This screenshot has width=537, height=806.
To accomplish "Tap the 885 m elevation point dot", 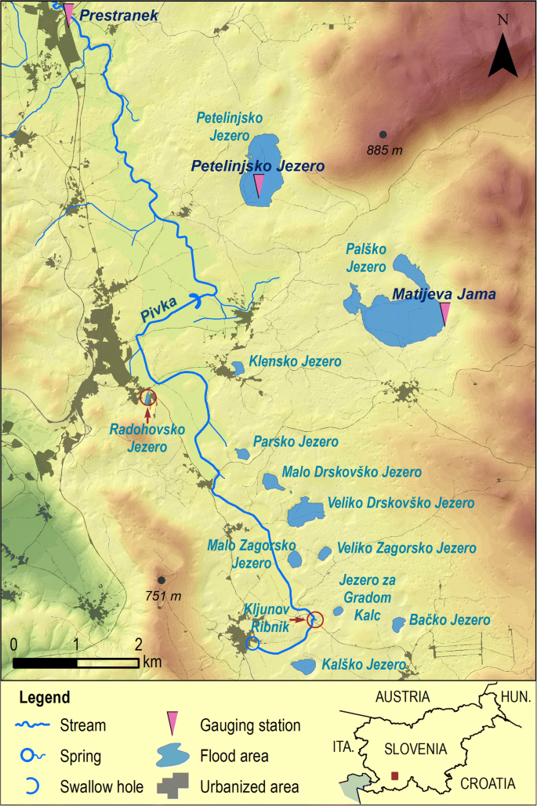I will click(x=383, y=135).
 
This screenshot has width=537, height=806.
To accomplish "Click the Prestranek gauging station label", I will click(x=119, y=15).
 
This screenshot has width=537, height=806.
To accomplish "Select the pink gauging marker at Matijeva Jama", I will click(x=444, y=314).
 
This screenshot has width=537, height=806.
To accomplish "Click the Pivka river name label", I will click(x=160, y=307).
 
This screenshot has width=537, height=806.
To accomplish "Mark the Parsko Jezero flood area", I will click(x=242, y=453).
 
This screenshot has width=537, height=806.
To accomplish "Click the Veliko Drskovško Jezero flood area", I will click(x=301, y=514).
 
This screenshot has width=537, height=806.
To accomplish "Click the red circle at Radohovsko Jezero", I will click(x=147, y=397).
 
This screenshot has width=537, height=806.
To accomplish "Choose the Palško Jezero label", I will click(x=366, y=258).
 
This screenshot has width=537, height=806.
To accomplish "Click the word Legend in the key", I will click(x=45, y=697).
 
